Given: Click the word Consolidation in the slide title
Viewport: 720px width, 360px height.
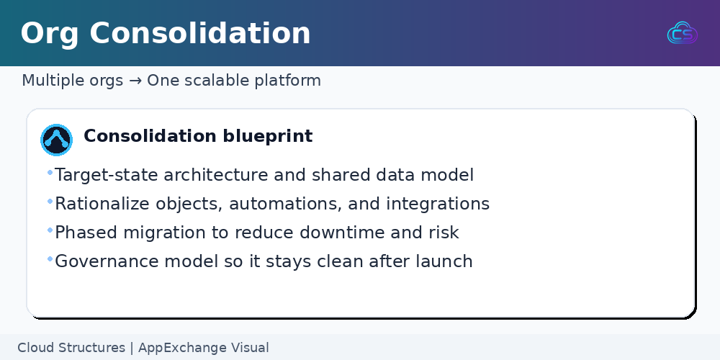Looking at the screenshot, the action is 199,33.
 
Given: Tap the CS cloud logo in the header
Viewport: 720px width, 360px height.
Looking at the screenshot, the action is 683,32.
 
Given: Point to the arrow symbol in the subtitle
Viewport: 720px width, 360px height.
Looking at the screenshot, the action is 135,81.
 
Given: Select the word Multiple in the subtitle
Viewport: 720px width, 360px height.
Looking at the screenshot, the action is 49,81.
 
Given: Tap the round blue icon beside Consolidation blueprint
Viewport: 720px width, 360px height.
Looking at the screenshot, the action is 56,140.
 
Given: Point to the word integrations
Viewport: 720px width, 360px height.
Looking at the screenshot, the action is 438,204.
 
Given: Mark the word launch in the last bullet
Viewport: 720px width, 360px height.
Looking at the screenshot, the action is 444,261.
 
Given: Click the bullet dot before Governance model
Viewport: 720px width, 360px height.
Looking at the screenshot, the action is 50,259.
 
